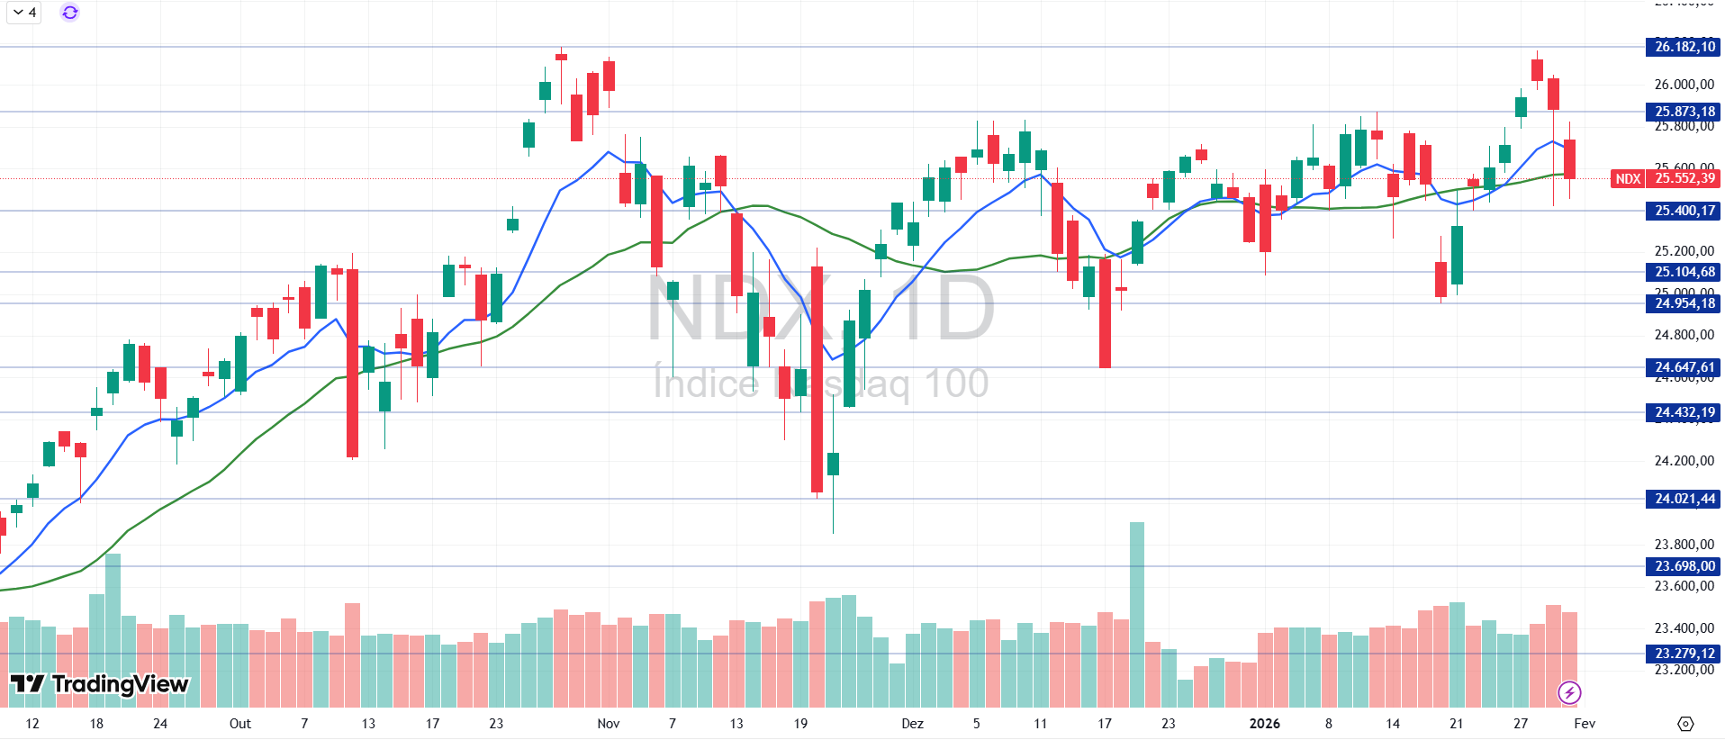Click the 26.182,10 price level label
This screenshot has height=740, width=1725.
(1684, 47)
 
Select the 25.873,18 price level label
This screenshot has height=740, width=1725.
(1684, 112)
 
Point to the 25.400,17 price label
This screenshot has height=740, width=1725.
(1684, 211)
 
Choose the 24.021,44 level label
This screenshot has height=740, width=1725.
(1684, 499)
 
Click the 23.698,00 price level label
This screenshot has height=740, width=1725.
(1684, 566)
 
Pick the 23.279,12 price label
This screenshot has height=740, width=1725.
(1684, 654)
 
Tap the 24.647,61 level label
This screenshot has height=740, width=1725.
(1684, 367)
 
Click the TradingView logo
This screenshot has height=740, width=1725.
(99, 684)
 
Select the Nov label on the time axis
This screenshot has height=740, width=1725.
(609, 724)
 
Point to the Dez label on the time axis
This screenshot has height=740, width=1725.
(912, 724)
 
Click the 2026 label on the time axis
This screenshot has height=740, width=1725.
(1264, 724)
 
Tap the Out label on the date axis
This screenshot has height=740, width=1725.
(239, 724)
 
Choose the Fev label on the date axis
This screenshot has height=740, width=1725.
(1585, 724)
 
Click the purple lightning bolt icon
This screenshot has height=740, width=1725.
(1569, 692)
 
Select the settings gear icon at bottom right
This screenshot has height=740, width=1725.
(1685, 724)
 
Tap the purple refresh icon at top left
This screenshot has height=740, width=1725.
(69, 13)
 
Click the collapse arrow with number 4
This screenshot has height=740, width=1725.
(24, 13)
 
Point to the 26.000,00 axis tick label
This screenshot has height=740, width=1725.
(1684, 85)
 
